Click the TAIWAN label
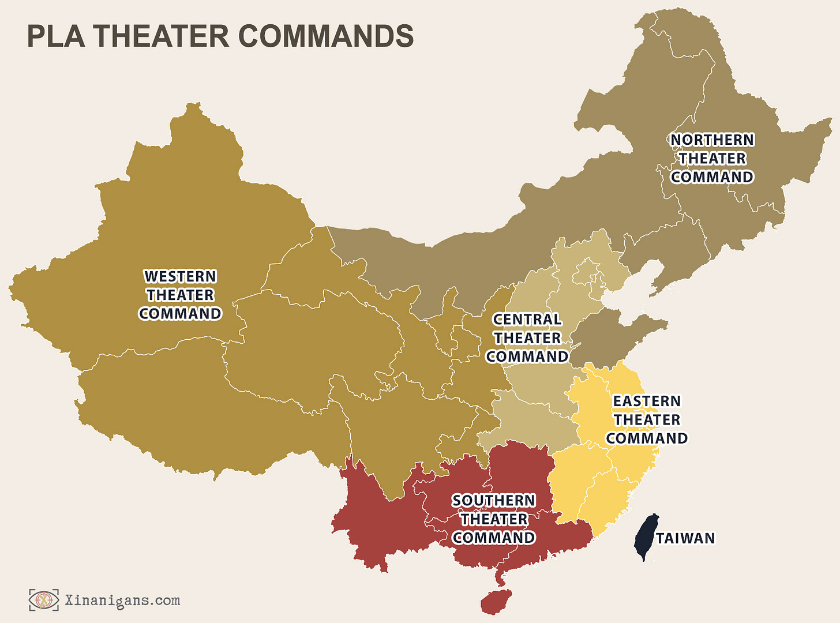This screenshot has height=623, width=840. tap(685, 538)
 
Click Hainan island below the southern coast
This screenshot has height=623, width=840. tap(496, 601)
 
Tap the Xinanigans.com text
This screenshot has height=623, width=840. tap(122, 601)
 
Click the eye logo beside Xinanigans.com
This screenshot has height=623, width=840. tap(44, 600)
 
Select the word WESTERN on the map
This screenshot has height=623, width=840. tap(180, 276)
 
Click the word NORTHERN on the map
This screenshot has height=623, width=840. tap(712, 140)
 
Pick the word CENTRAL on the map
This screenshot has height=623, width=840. tap(527, 320)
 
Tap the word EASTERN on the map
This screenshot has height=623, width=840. tap(647, 401)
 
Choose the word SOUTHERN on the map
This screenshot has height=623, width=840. tap(494, 501)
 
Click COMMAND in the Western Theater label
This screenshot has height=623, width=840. tap(180, 313)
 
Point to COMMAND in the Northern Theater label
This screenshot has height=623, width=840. tap(712, 177)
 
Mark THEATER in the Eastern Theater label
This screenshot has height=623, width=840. tap(647, 419)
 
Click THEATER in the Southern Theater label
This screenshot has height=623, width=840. tap(494, 519)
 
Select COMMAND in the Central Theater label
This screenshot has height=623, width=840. tap(527, 356)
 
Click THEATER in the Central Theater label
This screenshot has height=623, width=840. tap(527, 338)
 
